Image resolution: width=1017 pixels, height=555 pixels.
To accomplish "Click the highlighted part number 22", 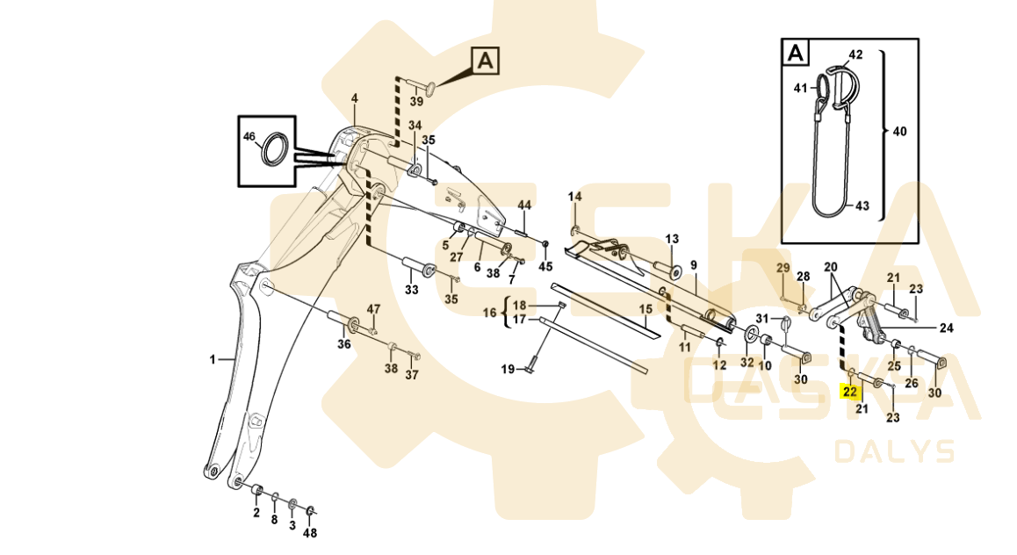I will [x=849, y=392].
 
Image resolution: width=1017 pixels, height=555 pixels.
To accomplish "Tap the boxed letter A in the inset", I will [x=795, y=53].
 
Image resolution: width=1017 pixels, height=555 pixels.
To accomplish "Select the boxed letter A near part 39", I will [x=486, y=61].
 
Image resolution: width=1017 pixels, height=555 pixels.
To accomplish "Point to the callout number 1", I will [x=212, y=359].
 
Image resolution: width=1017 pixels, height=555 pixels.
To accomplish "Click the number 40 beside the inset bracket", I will [x=900, y=132].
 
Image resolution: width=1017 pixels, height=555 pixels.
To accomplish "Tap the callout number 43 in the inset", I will [x=862, y=206].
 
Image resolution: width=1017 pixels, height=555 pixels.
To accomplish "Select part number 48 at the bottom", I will [x=310, y=533].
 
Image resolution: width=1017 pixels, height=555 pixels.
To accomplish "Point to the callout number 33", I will [x=411, y=290].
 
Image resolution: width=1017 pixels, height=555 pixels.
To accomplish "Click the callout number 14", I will [x=574, y=196].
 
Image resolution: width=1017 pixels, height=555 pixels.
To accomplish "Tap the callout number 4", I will [x=355, y=98].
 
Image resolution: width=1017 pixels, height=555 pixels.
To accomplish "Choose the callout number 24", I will [x=946, y=328].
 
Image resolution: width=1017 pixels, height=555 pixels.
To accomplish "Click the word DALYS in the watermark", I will [x=894, y=451].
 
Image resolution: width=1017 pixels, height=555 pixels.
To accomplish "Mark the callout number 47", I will [x=374, y=309].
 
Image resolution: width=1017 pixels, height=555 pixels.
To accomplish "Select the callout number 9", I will [x=693, y=265].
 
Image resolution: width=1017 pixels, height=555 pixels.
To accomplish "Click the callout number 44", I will [x=524, y=205].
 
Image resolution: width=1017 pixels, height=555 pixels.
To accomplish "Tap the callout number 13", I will [x=672, y=239].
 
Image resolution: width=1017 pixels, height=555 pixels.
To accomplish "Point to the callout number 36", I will [x=344, y=344].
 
